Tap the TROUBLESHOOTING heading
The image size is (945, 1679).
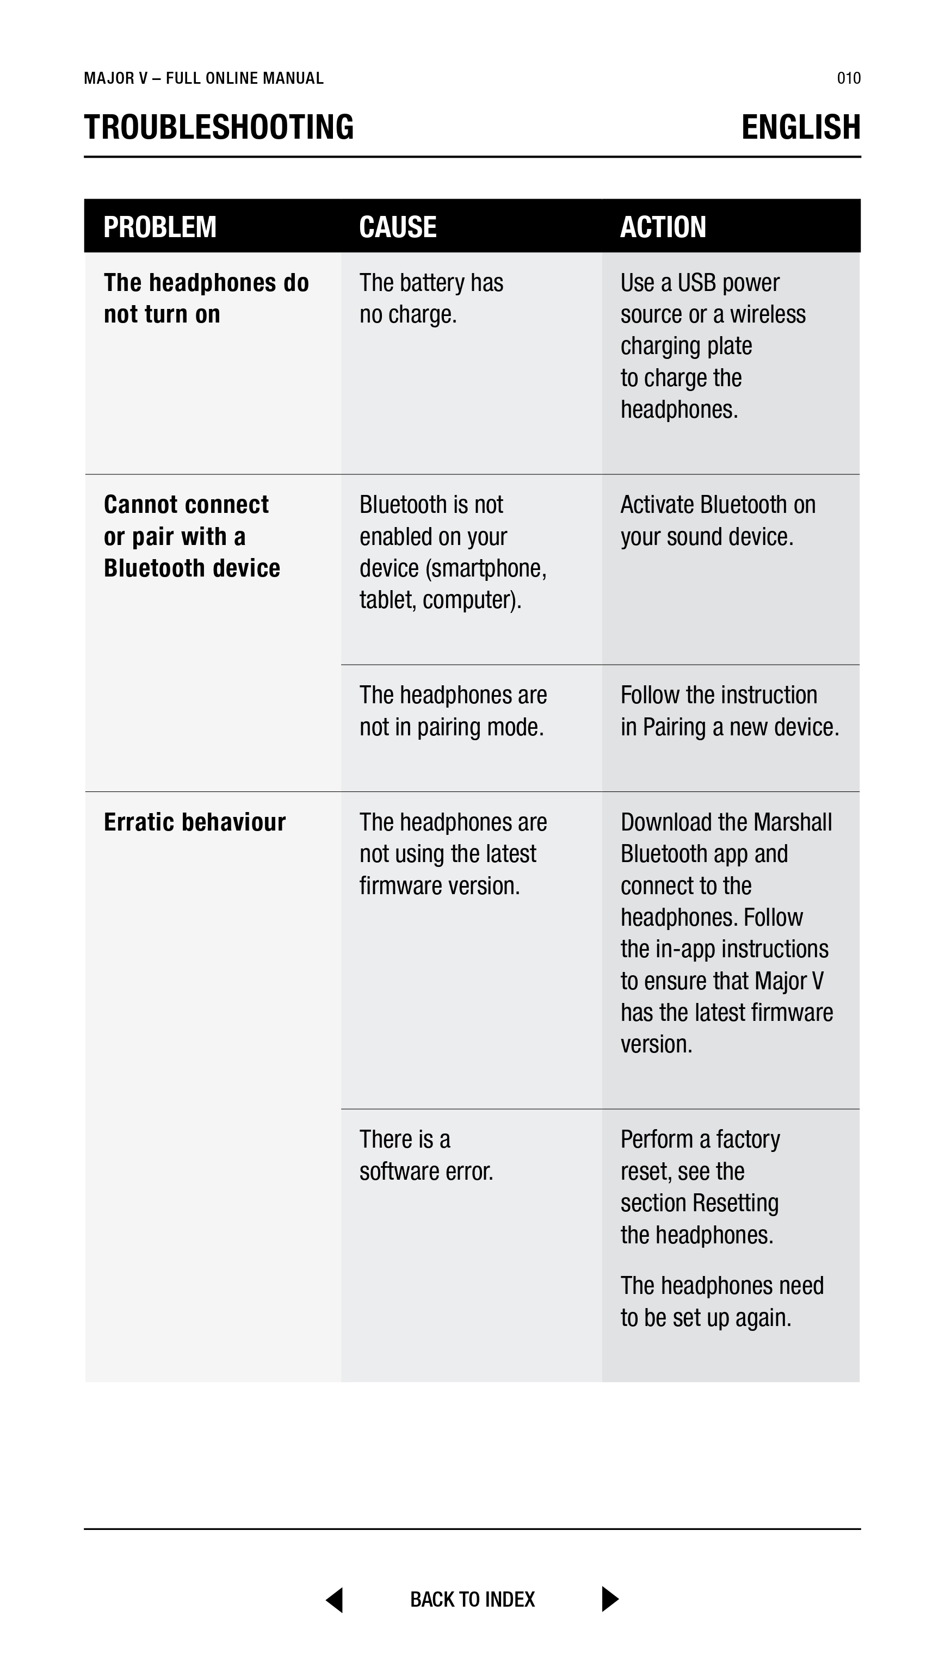219,127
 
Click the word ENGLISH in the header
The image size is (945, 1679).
800,127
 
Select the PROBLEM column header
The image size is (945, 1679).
160,227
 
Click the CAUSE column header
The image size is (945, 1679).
397,227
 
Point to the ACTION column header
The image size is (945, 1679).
663,227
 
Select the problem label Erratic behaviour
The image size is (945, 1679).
194,822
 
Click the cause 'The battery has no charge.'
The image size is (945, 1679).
431,299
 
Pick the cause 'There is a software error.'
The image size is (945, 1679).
426,1155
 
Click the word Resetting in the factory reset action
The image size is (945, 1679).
735,1203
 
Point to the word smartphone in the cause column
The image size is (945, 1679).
485,568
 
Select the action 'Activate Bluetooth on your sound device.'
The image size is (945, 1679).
718,520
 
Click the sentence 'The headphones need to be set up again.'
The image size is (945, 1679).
721,1302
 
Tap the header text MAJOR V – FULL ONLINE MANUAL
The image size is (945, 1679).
203,78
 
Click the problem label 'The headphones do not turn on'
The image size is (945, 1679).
206,299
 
